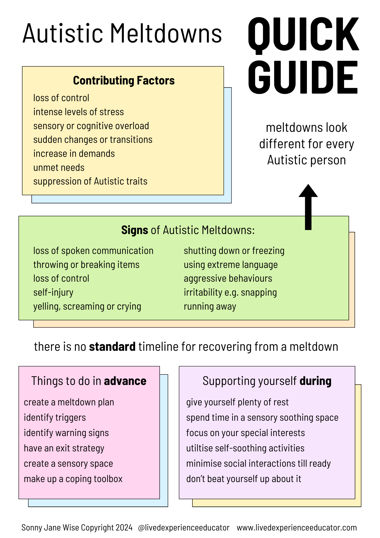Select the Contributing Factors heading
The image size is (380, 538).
(124, 81)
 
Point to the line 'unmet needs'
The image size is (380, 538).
(59, 168)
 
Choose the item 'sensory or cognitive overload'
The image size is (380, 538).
(91, 126)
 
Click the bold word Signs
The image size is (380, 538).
(134, 230)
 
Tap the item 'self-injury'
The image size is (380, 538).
(53, 292)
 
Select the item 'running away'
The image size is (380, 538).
(210, 306)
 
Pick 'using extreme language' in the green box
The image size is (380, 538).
(231, 265)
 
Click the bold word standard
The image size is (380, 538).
(112, 347)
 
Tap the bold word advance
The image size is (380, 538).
(125, 381)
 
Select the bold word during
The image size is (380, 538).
(315, 381)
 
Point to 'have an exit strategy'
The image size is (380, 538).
(64, 448)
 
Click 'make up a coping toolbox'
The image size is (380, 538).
(73, 479)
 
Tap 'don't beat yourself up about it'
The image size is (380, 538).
(243, 479)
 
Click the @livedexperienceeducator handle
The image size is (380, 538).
(184, 528)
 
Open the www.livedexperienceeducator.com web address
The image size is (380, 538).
(297, 528)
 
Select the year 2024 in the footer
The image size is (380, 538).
(124, 528)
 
